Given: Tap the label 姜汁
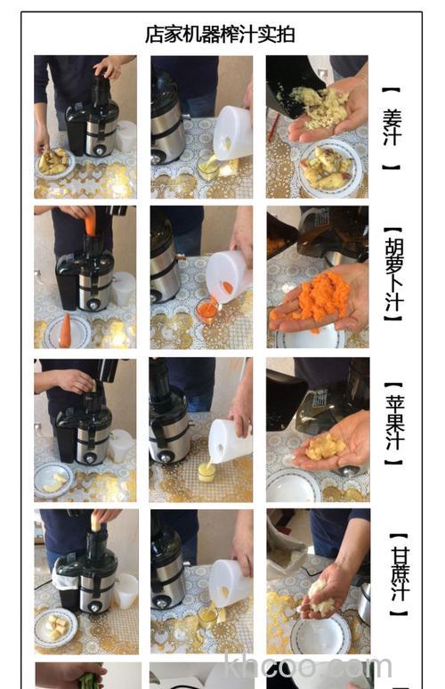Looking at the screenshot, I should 392,128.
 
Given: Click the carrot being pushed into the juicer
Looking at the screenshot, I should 90,224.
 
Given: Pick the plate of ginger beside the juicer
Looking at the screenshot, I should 55,162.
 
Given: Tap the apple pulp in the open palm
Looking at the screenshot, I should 326,445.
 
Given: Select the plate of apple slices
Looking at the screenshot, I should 53,480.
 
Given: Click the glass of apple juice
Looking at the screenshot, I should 206,469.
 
